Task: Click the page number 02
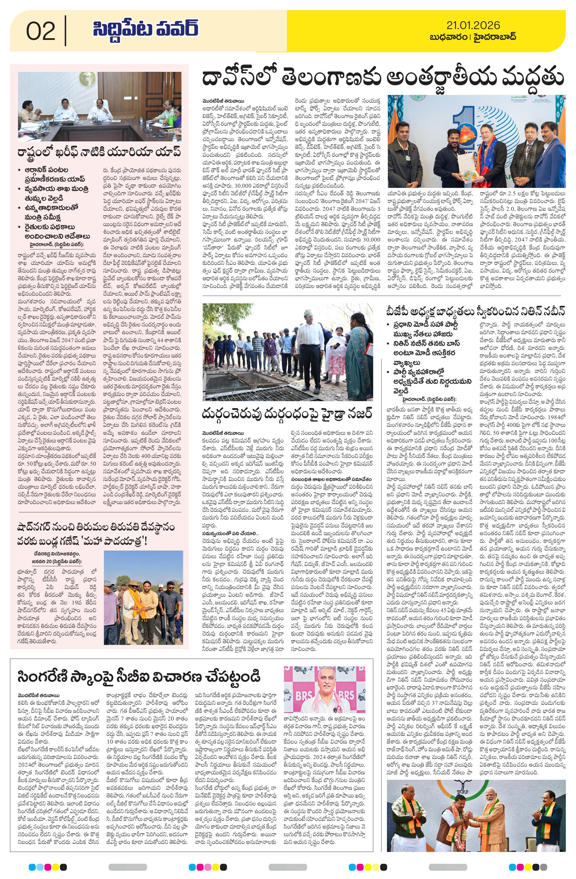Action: (x=41, y=31)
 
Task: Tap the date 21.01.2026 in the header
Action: (x=473, y=25)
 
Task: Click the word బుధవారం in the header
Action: (x=449, y=37)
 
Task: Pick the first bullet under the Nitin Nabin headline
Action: (x=423, y=329)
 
